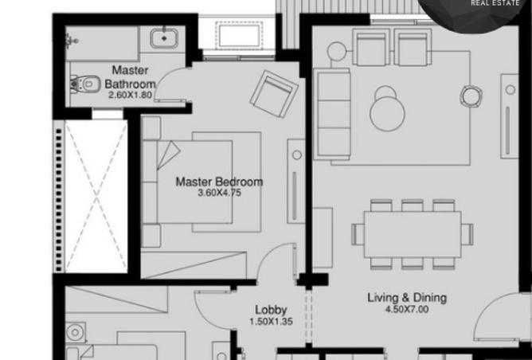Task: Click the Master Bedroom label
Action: click(219, 182)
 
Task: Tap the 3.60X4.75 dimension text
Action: click(219, 193)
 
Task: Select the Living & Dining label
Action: click(407, 298)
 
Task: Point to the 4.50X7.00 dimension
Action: click(407, 309)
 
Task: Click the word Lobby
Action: click(271, 310)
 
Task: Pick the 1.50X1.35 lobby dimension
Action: click(271, 321)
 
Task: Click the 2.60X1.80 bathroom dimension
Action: click(131, 95)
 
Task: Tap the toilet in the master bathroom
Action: click(85, 84)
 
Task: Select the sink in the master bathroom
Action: click(164, 38)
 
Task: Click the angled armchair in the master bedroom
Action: click(274, 94)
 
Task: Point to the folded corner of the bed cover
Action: click(167, 155)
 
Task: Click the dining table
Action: click(413, 234)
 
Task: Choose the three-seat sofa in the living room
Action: click(332, 114)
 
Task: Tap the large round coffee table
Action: click(388, 114)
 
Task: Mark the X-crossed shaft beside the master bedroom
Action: click(96, 196)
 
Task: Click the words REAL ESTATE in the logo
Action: click(495, 3)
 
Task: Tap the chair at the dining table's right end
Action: click(467, 234)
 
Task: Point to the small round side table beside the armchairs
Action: click(337, 51)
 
